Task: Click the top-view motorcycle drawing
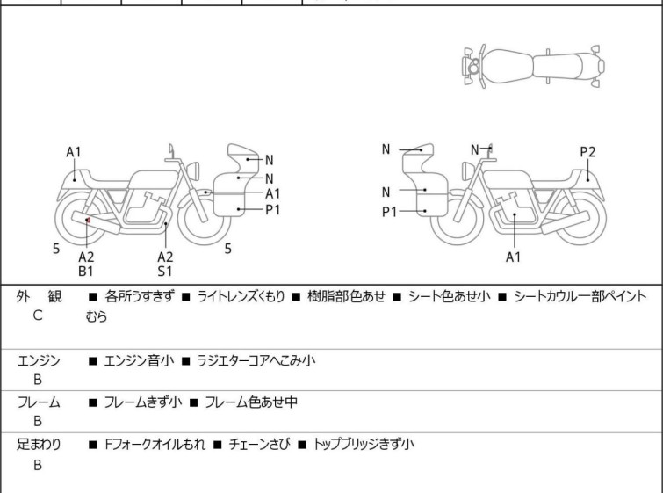pyautogui.click(x=534, y=66)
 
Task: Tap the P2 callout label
pyautogui.click(x=587, y=152)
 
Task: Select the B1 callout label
pyautogui.click(x=86, y=272)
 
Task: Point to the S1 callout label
pyautogui.click(x=165, y=272)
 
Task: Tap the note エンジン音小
pyautogui.click(x=139, y=359)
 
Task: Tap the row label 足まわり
pyautogui.click(x=39, y=445)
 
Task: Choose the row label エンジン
pyautogui.click(x=39, y=359)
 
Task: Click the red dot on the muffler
pyautogui.click(x=88, y=220)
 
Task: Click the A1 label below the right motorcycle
pyautogui.click(x=514, y=257)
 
